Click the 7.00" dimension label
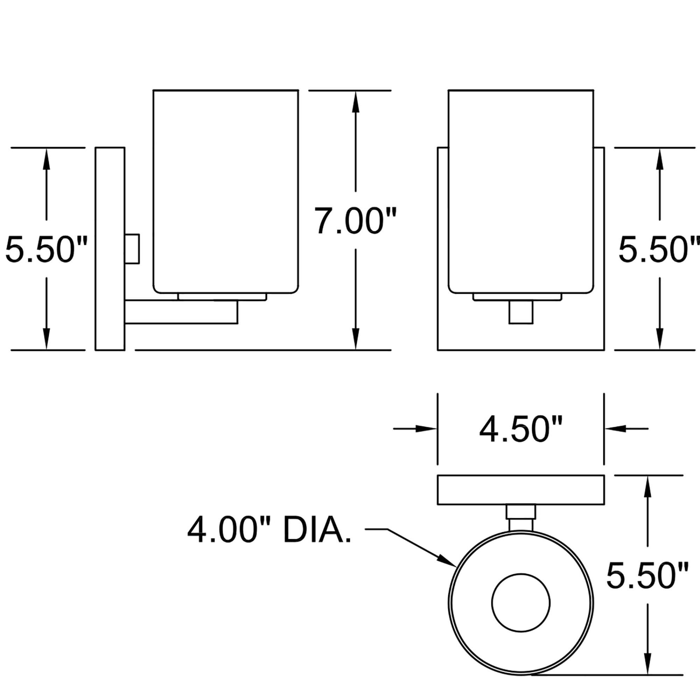[355, 220]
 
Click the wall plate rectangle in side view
[110, 249]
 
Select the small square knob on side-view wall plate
[132, 249]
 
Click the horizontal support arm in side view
[181, 311]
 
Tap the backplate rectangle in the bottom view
[521, 490]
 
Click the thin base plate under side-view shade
[223, 297]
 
